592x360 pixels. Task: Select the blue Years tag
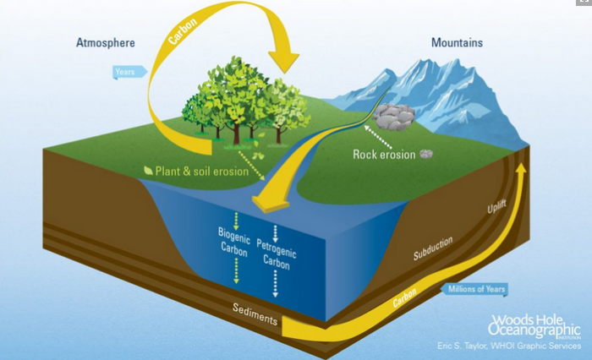124,73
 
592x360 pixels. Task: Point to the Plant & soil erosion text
201,172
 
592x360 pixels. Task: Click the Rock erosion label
385,155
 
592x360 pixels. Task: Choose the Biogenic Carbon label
235,241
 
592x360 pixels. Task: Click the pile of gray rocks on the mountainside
395,115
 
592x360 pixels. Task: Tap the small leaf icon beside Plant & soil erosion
149,172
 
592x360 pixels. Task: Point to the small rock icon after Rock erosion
428,155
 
